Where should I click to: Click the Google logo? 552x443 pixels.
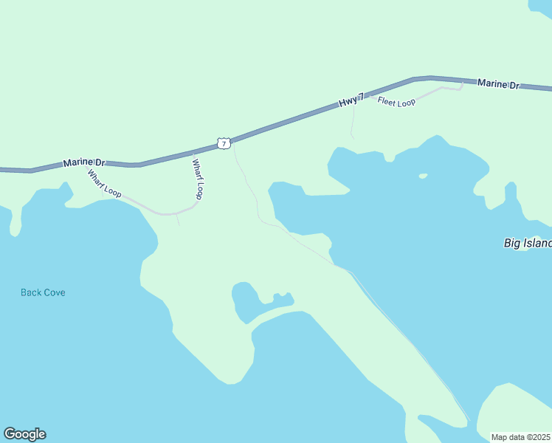pos(24,434)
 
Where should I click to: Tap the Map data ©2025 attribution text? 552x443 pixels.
pos(521,437)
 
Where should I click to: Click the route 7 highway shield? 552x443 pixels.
pos(223,143)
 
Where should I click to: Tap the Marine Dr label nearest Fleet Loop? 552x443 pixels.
pos(497,84)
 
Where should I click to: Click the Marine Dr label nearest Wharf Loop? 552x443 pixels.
pos(84,162)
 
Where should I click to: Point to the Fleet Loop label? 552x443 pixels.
pos(396,101)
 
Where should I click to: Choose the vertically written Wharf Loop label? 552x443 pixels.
pos(198,179)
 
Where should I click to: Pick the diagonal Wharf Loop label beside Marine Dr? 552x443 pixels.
pos(104,184)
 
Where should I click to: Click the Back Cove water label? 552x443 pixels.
pos(43,292)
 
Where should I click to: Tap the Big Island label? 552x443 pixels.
pos(528,243)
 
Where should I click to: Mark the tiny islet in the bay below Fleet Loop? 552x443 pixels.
pos(423,176)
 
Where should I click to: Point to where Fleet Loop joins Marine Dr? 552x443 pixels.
pos(462,82)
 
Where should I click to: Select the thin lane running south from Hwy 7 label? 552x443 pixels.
pos(353,123)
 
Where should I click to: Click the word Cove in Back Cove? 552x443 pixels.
pos(54,292)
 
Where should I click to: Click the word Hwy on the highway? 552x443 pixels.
pos(347,103)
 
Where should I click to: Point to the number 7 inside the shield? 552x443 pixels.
pos(223,143)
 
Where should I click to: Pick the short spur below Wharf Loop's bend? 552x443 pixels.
pos(178,220)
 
